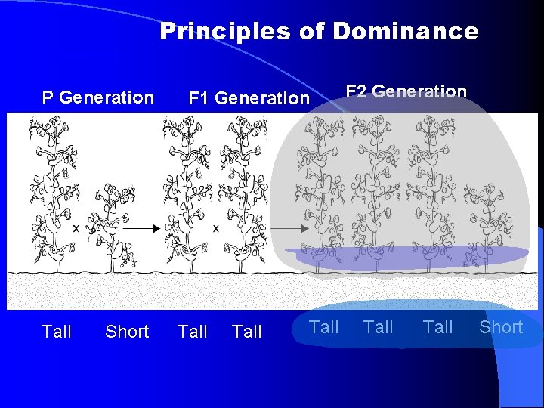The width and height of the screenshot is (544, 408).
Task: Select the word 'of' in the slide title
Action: [x=309, y=31]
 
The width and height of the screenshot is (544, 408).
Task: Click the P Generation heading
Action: [x=97, y=97]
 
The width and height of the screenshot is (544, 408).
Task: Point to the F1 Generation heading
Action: [x=249, y=98]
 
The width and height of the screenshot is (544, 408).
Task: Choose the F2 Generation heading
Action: [x=406, y=91]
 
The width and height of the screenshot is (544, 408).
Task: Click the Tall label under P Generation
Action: [x=57, y=332]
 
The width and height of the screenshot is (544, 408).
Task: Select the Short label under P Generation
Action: [x=127, y=332]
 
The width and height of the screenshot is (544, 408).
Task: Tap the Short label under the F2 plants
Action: [x=501, y=327]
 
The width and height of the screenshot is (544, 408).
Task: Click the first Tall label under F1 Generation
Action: [x=192, y=332]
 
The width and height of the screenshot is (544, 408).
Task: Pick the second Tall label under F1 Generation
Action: [x=247, y=332]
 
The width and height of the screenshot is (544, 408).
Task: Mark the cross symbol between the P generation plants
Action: [x=76, y=227]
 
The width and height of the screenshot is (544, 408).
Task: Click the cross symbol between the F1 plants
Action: [x=216, y=227]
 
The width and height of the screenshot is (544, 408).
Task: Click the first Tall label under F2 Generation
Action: [x=324, y=327]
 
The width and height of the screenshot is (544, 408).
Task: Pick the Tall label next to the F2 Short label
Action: [x=438, y=327]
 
